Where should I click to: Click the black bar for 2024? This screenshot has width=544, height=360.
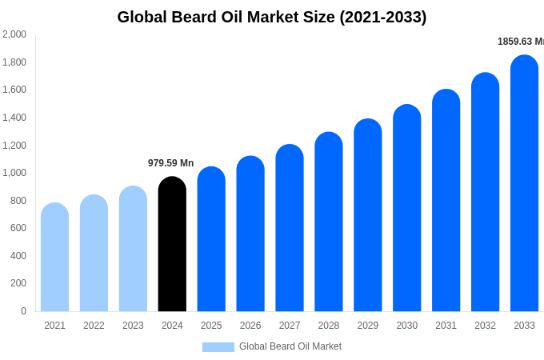pos(172,244)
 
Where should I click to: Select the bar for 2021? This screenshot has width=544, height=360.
pos(54,257)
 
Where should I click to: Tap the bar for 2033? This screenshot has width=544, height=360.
pos(524,183)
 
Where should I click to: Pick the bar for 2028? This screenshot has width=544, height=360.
pos(329,222)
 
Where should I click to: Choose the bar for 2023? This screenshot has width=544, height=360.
pos(133,249)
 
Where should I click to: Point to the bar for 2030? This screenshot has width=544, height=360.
pos(406,208)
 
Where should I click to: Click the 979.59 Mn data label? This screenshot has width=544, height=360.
pos(170,163)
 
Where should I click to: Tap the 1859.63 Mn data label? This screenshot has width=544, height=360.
pos(520,42)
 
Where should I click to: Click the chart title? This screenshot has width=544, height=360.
pos(272,17)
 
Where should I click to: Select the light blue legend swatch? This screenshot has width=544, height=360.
pos(218,347)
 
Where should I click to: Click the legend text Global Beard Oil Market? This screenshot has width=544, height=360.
pos(290,346)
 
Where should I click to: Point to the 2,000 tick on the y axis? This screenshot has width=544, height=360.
pos(14,34)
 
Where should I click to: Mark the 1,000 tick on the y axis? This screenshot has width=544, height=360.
pos(14,173)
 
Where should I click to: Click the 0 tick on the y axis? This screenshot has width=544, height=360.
pos(23,311)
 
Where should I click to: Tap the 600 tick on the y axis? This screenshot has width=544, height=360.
pos(18,228)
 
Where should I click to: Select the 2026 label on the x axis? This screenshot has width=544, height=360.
pos(250,326)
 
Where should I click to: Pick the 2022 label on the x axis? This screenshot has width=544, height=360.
pos(94,326)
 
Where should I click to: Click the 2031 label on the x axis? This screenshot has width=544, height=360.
pos(446,326)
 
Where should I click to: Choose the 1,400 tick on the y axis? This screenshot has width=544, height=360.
pos(14,118)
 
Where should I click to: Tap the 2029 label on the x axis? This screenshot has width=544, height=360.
pos(368,326)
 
